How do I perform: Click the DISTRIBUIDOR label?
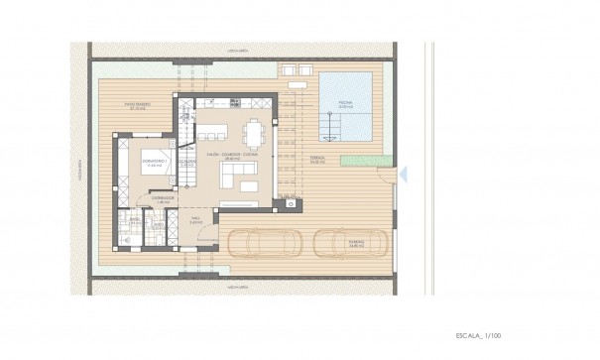click(x=165, y=198)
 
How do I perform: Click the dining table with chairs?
click(x=255, y=131)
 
